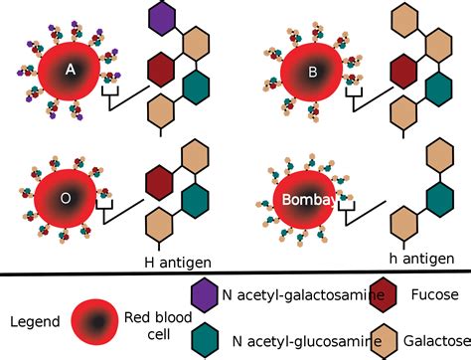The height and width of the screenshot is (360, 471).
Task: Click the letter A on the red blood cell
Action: click(71, 70)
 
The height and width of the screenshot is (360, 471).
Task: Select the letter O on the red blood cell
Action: click(66, 197)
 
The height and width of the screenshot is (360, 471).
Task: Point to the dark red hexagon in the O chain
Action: click(160, 183)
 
